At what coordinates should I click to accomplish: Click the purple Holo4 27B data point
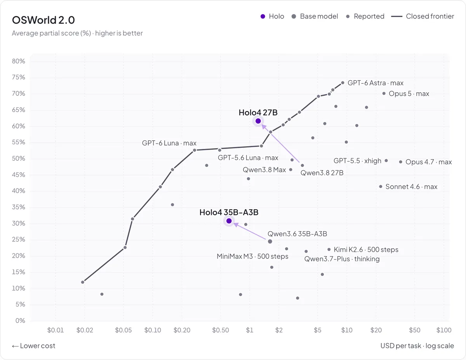[258, 121]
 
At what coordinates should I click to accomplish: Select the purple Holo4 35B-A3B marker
[229, 221]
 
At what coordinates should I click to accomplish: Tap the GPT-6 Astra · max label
[375, 83]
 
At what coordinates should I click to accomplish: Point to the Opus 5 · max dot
[384, 93]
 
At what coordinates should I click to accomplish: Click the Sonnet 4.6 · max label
[411, 187]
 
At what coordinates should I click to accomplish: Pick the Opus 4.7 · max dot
[400, 162]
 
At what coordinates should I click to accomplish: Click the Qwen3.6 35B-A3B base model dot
[270, 241]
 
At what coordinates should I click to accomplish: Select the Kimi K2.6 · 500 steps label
[366, 249]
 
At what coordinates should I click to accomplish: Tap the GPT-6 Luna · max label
[169, 143]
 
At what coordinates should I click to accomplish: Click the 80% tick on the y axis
[18, 61]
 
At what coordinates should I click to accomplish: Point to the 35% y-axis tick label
[18, 207]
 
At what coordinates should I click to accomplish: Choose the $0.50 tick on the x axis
[221, 330]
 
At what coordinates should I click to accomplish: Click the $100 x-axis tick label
[444, 330]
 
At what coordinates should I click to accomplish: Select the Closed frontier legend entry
[423, 16]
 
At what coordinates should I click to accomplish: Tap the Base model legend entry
[315, 16]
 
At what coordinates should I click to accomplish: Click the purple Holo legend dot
[263, 16]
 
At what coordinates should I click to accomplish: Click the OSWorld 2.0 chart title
[43, 20]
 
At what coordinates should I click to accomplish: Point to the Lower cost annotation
[33, 346]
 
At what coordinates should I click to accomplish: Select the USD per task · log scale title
[417, 346]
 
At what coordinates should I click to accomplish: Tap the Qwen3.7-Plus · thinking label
[342, 259]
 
